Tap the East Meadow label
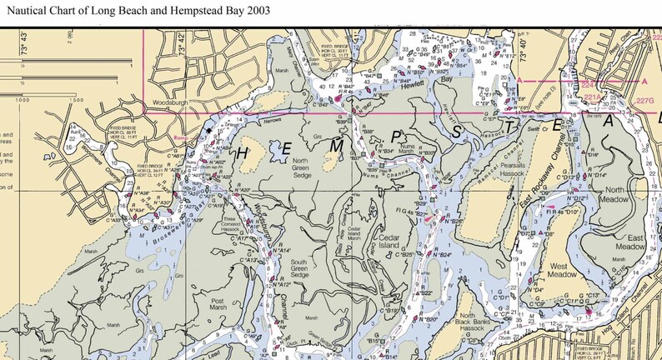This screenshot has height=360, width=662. click(x=629, y=242)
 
